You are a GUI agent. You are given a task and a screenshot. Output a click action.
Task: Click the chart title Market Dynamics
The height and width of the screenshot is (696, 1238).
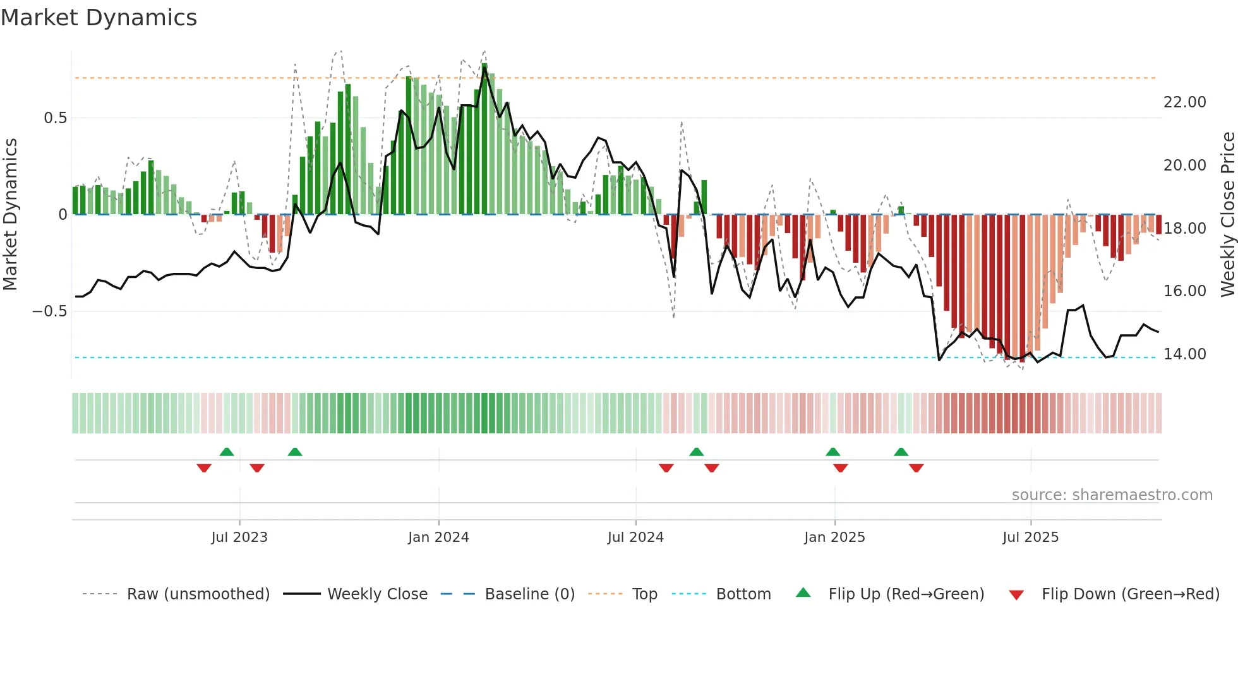tap(99, 18)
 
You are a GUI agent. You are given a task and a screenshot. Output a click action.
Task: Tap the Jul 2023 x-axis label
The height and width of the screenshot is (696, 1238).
tap(239, 537)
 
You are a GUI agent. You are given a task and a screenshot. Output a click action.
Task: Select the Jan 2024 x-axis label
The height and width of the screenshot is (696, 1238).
tap(438, 537)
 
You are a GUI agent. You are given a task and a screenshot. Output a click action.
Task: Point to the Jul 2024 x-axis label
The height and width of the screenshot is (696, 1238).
tap(635, 537)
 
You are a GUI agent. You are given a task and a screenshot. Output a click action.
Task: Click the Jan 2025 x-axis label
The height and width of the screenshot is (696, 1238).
tap(834, 537)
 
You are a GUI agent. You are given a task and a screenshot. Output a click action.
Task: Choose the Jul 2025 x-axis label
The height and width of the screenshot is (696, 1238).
tap(1030, 537)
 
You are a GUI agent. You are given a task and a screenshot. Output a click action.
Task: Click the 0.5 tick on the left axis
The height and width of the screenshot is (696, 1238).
tap(55, 118)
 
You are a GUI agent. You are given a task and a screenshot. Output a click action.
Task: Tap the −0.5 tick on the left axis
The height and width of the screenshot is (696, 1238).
tap(50, 311)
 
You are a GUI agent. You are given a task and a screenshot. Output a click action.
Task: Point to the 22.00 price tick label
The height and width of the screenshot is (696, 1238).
tap(1184, 102)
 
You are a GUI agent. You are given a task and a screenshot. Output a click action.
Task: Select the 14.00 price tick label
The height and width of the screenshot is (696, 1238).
tap(1184, 354)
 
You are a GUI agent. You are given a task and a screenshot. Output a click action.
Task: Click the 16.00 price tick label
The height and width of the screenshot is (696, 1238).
tap(1184, 291)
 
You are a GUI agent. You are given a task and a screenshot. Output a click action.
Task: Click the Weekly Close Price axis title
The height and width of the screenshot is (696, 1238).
tap(1227, 215)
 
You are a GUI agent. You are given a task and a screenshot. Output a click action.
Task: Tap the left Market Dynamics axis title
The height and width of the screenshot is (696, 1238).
tap(10, 215)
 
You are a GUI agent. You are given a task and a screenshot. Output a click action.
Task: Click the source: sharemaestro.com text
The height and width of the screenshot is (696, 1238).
tap(1112, 495)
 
